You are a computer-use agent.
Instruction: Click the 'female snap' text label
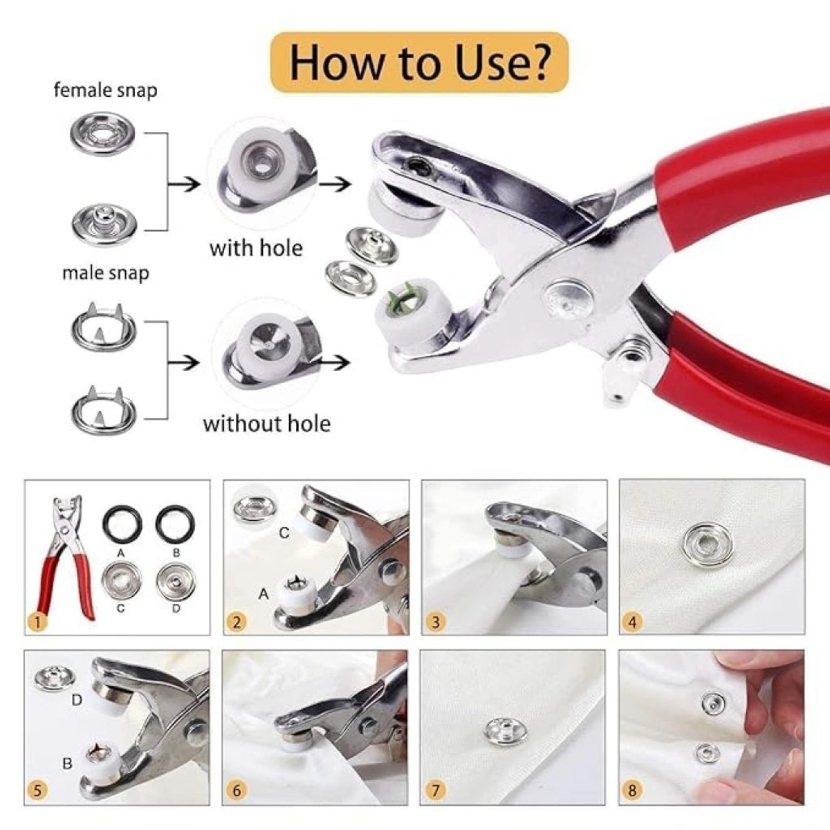(105, 90)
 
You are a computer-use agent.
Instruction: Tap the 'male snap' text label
(105, 273)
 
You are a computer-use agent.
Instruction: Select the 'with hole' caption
(256, 248)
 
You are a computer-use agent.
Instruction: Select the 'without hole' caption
(266, 423)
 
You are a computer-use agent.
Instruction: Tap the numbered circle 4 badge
(632, 622)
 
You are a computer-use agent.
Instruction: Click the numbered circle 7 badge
(434, 791)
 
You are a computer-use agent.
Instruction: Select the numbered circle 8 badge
(632, 791)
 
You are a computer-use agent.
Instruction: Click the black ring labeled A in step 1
(122, 524)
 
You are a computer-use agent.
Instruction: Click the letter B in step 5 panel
(67, 764)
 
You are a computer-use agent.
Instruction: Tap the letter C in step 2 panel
(284, 533)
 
